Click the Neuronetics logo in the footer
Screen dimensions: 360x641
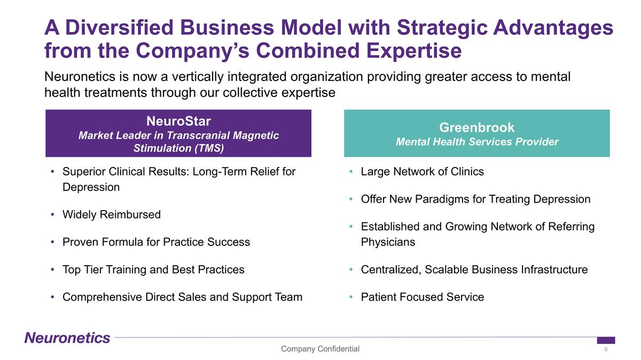tap(67, 338)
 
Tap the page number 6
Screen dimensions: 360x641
tap(606, 349)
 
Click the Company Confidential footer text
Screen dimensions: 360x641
tap(320, 349)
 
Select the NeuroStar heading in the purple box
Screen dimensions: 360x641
tap(178, 121)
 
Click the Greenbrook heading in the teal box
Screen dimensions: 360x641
tap(476, 127)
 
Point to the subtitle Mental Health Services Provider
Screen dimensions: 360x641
tap(476, 142)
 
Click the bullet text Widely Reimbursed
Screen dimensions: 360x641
tap(111, 215)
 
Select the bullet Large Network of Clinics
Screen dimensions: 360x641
tap(422, 172)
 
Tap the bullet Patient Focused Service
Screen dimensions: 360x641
tap(422, 297)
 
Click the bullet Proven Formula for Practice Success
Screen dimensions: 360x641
tap(156, 242)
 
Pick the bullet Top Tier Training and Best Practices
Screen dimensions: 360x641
tap(153, 269)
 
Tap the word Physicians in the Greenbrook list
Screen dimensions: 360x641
tap(388, 242)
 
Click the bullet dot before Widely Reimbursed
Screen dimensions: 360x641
tap(52, 215)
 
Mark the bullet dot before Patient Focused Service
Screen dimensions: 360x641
tap(351, 297)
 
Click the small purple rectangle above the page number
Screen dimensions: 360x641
tap(606, 340)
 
